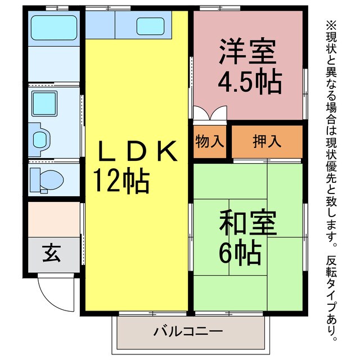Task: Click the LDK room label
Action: [x=138, y=151]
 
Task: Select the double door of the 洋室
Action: [x=210, y=114]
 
